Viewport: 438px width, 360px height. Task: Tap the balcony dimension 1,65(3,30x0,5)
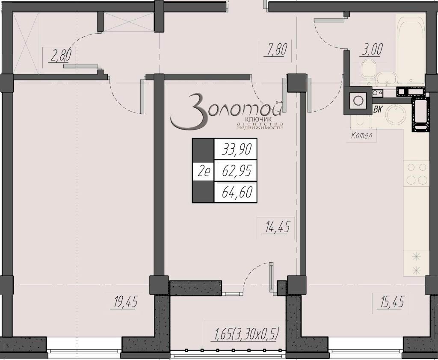click(x=246, y=334)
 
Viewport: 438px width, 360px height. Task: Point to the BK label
click(x=378, y=109)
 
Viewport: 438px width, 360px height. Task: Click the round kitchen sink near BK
click(x=396, y=114)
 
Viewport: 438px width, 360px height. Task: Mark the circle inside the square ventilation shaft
click(x=358, y=100)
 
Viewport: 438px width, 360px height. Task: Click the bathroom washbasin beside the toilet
click(x=386, y=79)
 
